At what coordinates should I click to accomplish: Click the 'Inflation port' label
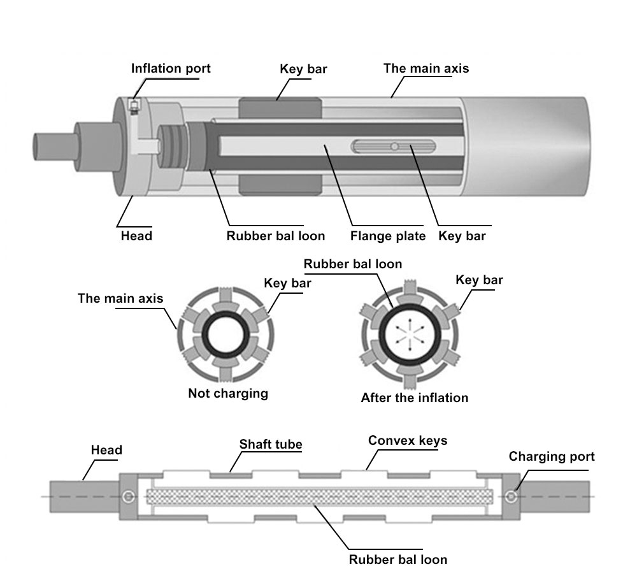[x=171, y=68]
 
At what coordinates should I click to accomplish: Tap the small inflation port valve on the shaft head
[x=134, y=106]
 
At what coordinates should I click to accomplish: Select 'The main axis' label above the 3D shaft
[x=426, y=68]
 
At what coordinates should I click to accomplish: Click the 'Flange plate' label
[x=388, y=236]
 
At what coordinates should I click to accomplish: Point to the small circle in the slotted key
[x=395, y=147]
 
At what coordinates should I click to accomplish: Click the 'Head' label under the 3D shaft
[x=136, y=236]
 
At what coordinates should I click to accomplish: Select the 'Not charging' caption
[x=228, y=393]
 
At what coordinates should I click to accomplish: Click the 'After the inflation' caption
[x=414, y=398]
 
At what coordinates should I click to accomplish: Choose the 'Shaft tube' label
[x=271, y=444]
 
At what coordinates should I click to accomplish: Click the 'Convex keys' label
[x=408, y=440]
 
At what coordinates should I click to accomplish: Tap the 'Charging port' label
[x=551, y=456]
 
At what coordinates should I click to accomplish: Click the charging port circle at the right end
[x=511, y=496]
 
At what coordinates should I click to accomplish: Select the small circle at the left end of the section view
[x=130, y=496]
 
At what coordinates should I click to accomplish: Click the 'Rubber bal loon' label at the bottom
[x=397, y=560]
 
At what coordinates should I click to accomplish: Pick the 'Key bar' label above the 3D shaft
[x=303, y=69]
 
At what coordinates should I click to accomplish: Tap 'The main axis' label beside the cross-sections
[x=120, y=298]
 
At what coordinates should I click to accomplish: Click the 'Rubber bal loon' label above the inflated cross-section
[x=353, y=263]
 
